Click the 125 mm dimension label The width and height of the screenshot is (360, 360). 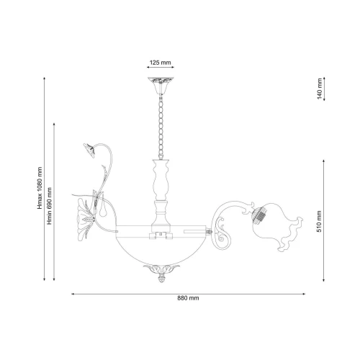click(161, 63)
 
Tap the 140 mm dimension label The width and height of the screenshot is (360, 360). click(319, 89)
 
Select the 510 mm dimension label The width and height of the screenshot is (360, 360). click(319, 221)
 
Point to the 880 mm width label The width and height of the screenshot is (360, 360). click(188, 298)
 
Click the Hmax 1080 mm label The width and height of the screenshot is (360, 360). click(40, 188)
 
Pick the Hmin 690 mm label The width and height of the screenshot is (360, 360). click(50, 206)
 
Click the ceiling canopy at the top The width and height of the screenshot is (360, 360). click(161, 86)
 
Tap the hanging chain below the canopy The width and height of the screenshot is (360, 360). click(161, 127)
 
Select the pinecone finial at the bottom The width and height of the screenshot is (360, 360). click(161, 279)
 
